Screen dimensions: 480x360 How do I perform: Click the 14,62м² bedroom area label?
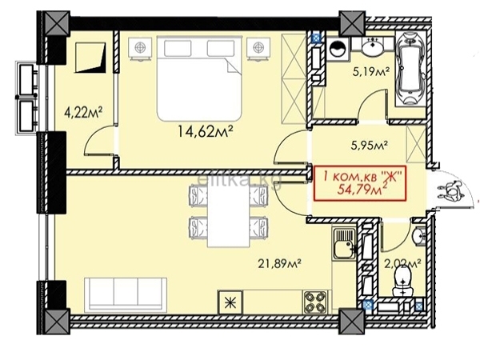coord(206,132)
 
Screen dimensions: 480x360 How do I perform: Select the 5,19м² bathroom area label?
coord(371,73)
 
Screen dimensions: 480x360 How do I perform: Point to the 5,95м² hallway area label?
coord(370,145)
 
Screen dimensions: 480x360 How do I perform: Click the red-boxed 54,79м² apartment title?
coord(360,183)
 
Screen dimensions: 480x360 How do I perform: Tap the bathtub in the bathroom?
coord(410,68)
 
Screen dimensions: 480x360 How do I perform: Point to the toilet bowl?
coord(402,282)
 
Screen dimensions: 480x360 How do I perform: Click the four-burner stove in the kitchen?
coord(314,302)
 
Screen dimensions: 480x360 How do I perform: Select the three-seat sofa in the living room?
coord(126,294)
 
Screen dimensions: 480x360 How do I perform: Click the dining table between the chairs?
coord(228,215)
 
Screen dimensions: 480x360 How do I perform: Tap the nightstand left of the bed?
coord(140,48)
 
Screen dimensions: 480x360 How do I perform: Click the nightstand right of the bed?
coord(259,48)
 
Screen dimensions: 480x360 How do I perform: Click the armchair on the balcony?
coord(90,58)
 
